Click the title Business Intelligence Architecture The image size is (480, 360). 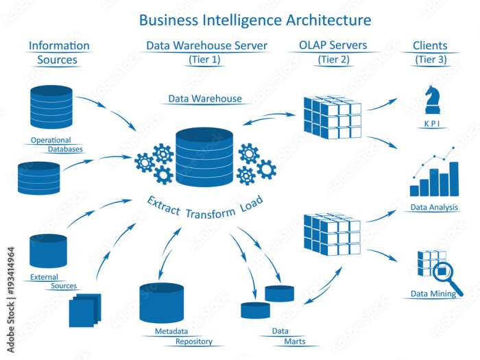click(255, 19)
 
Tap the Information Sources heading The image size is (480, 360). click(59, 53)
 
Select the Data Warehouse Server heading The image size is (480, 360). click(206, 46)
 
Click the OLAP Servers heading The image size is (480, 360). click(333, 46)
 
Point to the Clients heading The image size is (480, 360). click(430, 46)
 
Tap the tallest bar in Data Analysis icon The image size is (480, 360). click(453, 179)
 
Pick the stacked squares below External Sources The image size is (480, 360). click(85, 311)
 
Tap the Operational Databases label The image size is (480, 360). click(56, 144)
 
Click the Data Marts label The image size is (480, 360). click(287, 336)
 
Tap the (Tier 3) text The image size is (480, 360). click(430, 60)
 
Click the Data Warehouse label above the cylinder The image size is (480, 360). click(205, 99)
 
